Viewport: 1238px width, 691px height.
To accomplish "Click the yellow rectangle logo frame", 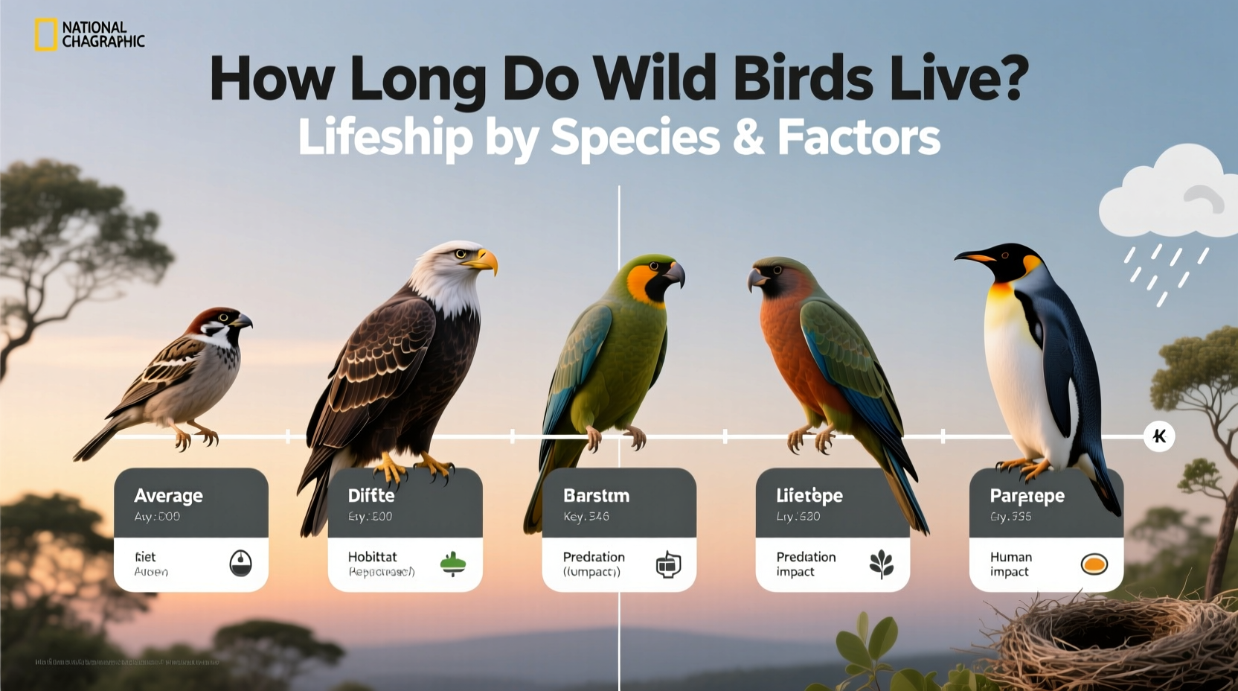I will click(45, 35).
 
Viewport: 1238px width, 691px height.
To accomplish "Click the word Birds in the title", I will click(803, 78).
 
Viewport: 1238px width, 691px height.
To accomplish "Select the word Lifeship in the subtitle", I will click(385, 138).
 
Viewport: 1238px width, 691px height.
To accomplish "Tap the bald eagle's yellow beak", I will click(483, 260).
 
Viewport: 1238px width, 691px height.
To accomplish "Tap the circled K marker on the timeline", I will click(1158, 436).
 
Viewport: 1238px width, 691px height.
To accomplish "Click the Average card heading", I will click(168, 496).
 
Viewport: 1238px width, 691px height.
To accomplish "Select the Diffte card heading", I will click(371, 496).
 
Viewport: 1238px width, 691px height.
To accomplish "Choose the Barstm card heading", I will click(596, 496).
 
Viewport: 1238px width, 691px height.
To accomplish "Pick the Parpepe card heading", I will click(1027, 496).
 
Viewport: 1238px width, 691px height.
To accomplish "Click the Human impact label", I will click(1010, 564).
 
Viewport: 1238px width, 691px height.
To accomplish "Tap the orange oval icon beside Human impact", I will click(1094, 564).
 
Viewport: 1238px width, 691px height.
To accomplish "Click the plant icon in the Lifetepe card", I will click(882, 564).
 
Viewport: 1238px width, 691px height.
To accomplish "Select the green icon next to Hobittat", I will click(453, 564).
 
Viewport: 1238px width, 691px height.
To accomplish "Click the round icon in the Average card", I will click(240, 564).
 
